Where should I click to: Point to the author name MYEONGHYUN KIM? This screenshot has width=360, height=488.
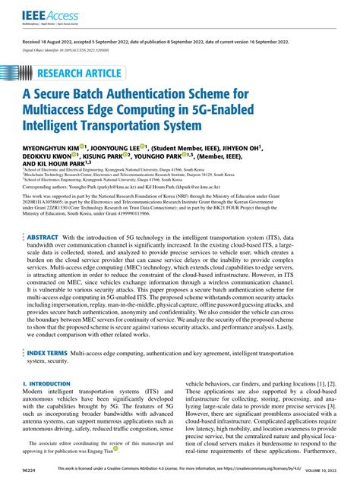click(x=54, y=148)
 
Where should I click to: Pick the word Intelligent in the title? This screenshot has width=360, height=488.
click(x=58, y=128)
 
